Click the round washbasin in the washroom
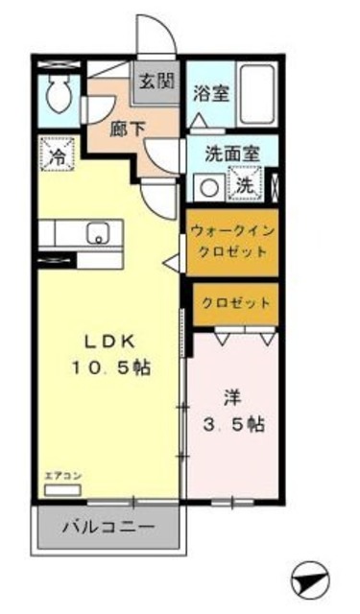pyautogui.click(x=204, y=184)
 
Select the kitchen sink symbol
pyautogui.click(x=97, y=232)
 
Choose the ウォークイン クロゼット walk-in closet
pyautogui.click(x=230, y=240)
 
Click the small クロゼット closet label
pyautogui.click(x=235, y=302)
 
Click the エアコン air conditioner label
pyautogui.click(x=60, y=476)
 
